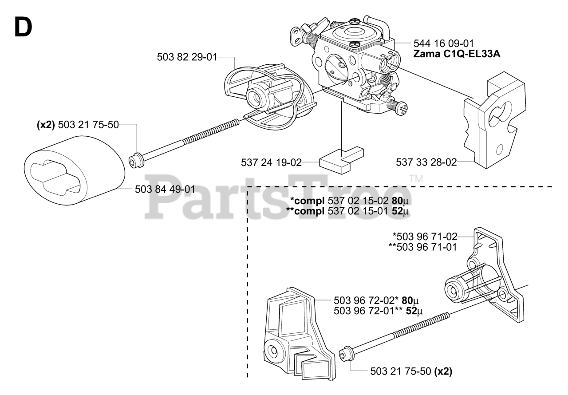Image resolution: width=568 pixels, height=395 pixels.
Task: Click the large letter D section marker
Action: (23, 27)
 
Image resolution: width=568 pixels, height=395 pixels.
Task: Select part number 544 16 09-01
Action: (443, 43)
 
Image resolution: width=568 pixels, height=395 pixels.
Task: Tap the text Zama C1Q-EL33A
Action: (457, 54)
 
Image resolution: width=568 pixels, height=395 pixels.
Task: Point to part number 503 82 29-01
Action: (187, 57)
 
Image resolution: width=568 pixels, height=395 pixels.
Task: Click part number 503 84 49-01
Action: (165, 190)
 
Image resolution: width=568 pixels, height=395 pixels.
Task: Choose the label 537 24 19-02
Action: (271, 162)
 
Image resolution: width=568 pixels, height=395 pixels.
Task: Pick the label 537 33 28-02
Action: (426, 162)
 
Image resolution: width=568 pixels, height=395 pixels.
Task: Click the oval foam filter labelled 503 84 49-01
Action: (75, 170)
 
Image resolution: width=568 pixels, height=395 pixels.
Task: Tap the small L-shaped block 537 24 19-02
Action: (341, 160)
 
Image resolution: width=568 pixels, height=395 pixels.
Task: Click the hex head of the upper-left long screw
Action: (136, 160)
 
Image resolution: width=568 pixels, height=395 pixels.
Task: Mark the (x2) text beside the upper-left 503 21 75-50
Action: (46, 125)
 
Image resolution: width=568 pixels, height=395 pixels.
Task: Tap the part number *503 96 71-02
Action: (425, 237)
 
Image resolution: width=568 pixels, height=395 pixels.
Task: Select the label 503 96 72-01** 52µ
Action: (378, 311)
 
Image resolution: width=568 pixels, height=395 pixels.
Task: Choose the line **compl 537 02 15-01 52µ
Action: (347, 211)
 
